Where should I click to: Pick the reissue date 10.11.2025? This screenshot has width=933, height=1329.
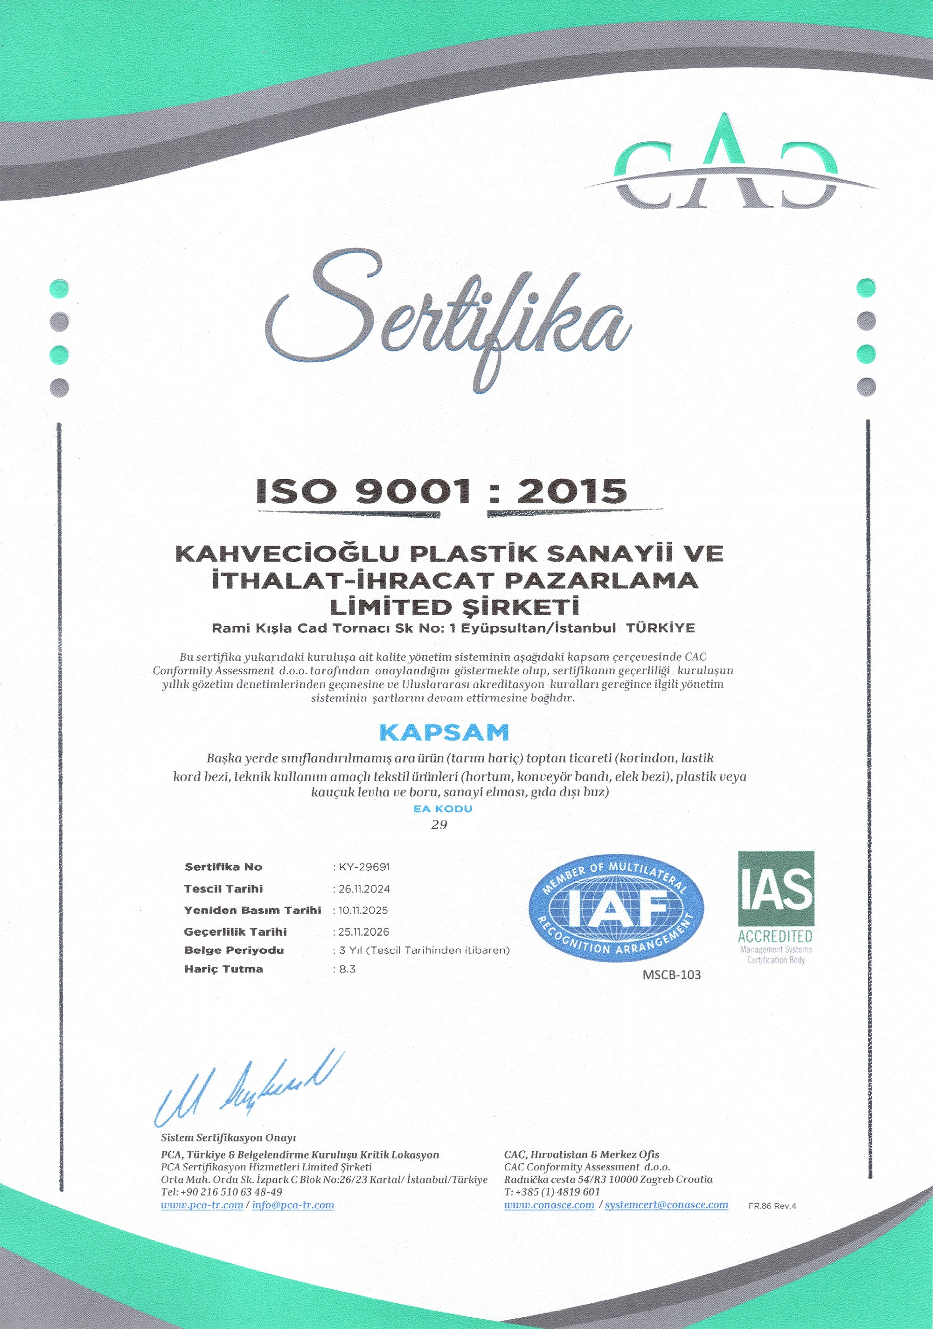(x=363, y=910)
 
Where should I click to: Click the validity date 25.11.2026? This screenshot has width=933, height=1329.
(x=363, y=931)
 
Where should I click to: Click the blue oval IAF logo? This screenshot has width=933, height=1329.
(x=616, y=908)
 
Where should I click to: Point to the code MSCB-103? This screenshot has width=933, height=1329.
(x=671, y=975)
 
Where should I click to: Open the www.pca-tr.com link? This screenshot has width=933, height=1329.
(x=202, y=1205)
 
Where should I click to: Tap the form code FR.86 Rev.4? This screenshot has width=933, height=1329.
(x=772, y=1206)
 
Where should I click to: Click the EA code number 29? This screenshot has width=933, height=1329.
(x=439, y=825)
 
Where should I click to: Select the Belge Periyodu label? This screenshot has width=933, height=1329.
(x=234, y=950)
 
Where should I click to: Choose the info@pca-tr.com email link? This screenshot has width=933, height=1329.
(x=293, y=1205)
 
